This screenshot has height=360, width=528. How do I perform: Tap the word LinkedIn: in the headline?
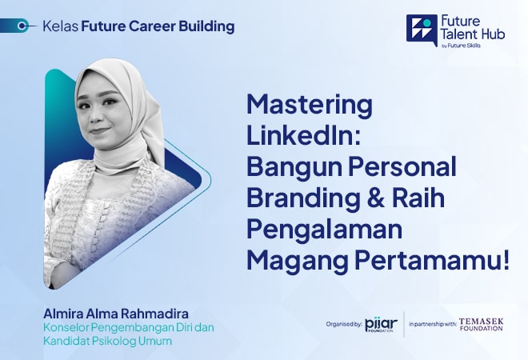(x=305, y=136)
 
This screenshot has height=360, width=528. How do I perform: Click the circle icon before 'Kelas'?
(x=32, y=26)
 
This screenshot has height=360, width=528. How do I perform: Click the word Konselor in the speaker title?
(x=69, y=327)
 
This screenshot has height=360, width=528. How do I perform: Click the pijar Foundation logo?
(x=378, y=324)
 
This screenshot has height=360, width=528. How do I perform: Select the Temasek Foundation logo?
(x=481, y=324)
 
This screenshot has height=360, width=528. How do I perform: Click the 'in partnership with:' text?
(x=432, y=325)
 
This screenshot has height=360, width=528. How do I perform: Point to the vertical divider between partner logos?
(x=404, y=324)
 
